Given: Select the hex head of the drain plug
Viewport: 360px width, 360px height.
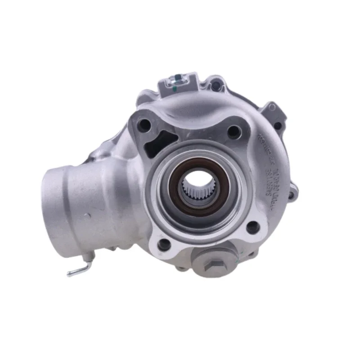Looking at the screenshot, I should (x=211, y=265).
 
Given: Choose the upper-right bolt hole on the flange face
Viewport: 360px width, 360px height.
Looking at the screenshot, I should (x=234, y=131).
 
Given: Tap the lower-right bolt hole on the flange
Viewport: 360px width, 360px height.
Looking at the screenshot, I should (x=252, y=228).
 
